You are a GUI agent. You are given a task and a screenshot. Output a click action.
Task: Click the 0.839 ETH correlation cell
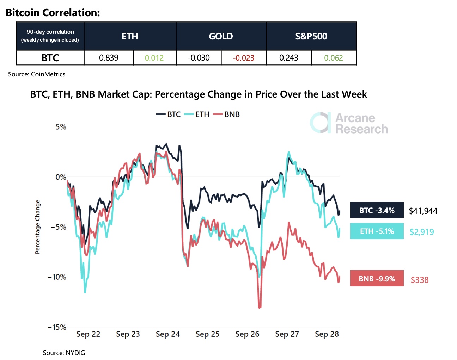[x=109, y=58]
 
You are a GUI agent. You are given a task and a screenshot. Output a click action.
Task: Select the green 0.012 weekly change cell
[x=154, y=58]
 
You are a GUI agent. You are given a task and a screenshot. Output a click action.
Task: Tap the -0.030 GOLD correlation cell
[x=199, y=58]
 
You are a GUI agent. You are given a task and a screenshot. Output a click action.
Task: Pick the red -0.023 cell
[x=243, y=58]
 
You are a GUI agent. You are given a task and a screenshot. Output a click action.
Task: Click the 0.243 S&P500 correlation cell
[x=288, y=58]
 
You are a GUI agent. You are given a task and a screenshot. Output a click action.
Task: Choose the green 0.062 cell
[x=333, y=58]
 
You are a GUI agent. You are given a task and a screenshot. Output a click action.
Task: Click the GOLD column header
[x=221, y=36]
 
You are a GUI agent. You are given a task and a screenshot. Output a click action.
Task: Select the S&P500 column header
[x=311, y=36]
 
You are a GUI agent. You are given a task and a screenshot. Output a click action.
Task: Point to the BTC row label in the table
[x=50, y=58]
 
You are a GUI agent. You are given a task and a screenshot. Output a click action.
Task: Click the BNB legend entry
[x=227, y=114]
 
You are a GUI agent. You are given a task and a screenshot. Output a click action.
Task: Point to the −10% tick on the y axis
[x=57, y=277]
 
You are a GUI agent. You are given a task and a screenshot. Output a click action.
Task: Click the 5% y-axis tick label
[x=61, y=127]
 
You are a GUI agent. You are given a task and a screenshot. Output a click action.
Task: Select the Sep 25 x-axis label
[x=207, y=334]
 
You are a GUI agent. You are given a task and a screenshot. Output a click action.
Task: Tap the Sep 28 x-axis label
[x=327, y=334]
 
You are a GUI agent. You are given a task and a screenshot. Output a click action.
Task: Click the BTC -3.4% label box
[x=377, y=210]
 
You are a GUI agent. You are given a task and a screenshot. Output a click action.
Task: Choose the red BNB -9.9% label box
[x=377, y=279]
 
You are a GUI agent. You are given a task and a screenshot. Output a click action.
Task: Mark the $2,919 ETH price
[x=422, y=232]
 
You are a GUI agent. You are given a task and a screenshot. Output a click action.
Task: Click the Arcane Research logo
[x=349, y=123]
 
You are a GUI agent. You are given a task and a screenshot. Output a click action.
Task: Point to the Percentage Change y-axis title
[x=38, y=227]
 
